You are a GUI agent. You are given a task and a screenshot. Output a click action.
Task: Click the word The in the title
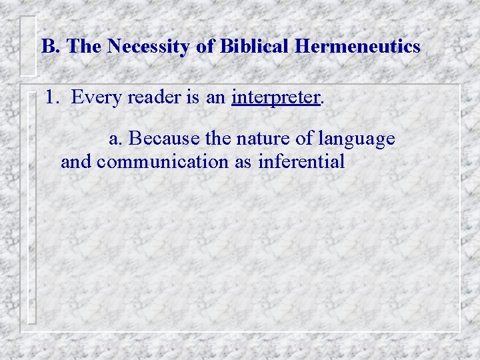(84, 47)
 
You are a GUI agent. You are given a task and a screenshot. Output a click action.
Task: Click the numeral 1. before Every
(53, 98)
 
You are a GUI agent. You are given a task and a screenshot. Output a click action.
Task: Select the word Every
(95, 98)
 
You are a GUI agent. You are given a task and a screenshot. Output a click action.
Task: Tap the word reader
(155, 98)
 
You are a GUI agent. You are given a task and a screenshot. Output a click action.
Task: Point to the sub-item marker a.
(115, 139)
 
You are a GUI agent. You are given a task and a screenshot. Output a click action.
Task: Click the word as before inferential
(242, 162)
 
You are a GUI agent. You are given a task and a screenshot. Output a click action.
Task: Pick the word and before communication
(75, 162)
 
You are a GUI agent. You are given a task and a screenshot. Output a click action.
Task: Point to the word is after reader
(194, 98)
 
